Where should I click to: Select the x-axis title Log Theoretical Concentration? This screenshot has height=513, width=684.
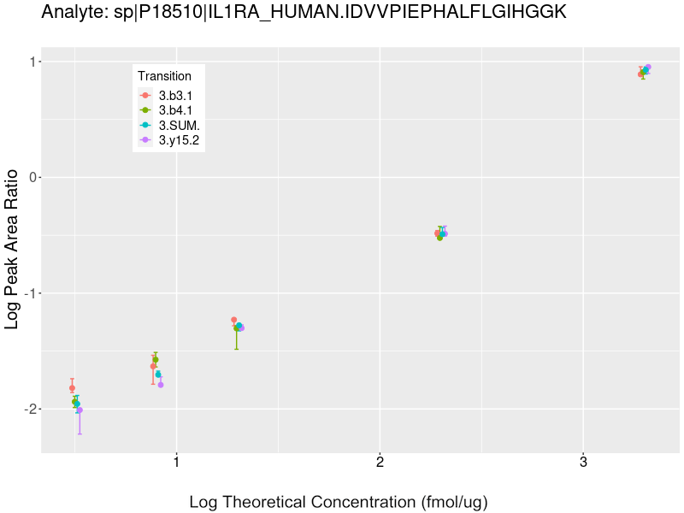point(338,502)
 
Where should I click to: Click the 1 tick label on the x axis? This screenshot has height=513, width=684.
point(176,463)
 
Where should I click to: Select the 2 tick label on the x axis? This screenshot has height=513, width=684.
point(380,463)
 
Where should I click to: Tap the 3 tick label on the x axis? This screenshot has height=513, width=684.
point(583,463)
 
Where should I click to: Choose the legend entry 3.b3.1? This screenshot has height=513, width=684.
point(175,96)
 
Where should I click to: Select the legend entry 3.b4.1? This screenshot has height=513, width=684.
point(175,110)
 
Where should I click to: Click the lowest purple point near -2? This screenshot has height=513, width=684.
point(80,410)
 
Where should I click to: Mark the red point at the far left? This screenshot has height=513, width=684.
point(72,388)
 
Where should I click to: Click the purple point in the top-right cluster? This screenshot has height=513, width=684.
point(648,67)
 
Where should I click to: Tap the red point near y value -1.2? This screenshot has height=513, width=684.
point(233,320)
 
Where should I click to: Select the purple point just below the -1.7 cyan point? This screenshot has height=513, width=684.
point(161,385)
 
